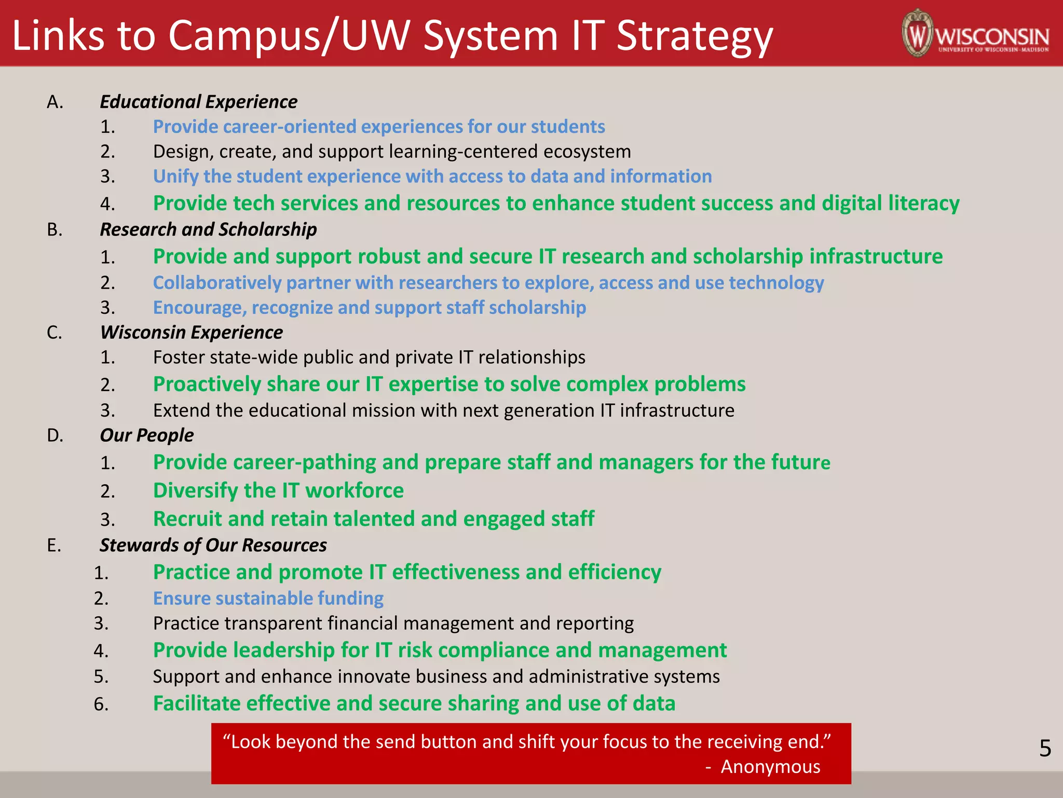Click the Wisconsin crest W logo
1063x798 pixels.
(918, 33)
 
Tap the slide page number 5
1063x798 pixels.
(1045, 749)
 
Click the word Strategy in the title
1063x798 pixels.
(694, 36)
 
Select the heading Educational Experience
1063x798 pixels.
(198, 102)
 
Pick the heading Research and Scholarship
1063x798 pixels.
(208, 230)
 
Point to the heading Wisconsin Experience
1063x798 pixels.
(192, 332)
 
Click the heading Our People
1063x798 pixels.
(146, 435)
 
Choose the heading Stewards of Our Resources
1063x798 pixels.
(213, 546)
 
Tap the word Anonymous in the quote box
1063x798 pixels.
(770, 767)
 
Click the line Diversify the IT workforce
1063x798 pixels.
(278, 491)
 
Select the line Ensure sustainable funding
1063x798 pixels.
(268, 598)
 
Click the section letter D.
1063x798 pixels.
(55, 435)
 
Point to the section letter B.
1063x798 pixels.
(54, 230)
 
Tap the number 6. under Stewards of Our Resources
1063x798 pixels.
(101, 704)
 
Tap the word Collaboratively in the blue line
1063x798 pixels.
(217, 283)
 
